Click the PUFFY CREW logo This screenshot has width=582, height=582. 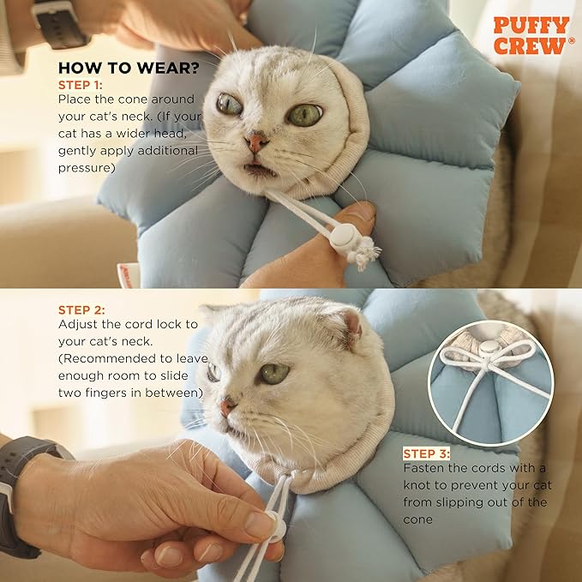click(x=531, y=35)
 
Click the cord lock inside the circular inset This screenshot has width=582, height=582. click(x=488, y=348)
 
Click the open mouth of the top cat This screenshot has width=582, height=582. click(x=258, y=169)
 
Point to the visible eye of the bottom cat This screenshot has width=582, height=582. click(x=273, y=373)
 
